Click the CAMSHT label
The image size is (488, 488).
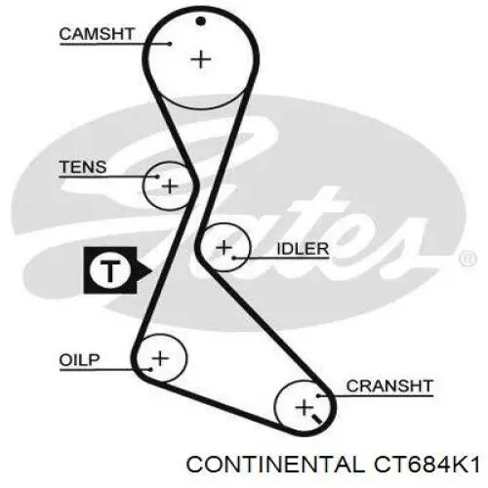click(97, 34)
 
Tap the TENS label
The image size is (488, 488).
click(83, 167)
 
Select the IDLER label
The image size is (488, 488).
click(303, 249)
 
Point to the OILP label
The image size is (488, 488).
click(79, 360)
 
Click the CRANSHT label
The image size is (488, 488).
click(389, 386)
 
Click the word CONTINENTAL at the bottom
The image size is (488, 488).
click(275, 464)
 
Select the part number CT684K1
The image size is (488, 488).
click(427, 464)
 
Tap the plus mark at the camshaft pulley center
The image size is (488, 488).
click(201, 60)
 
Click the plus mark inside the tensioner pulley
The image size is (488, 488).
click(170, 186)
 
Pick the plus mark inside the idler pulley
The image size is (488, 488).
click(224, 248)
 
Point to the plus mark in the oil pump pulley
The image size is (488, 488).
click(160, 358)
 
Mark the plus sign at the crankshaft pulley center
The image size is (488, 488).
click(304, 408)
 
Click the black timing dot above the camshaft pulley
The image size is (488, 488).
click(201, 21)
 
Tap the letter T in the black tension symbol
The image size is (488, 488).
click(110, 270)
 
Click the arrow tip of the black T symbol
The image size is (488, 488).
click(152, 270)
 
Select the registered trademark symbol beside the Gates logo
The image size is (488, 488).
click(468, 260)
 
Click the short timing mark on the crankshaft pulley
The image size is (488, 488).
click(316, 419)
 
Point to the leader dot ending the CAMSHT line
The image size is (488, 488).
click(170, 44)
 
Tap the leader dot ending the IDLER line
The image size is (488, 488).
click(233, 259)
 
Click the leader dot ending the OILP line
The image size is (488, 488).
click(150, 370)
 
